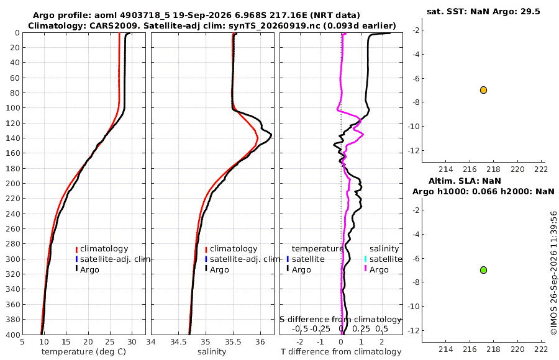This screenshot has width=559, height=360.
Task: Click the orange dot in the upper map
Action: tap(483, 90)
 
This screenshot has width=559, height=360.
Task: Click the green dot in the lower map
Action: tap(483, 270)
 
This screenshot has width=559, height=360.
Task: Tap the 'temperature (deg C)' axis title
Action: tap(84, 352)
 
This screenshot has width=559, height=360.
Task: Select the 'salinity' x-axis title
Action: tap(212, 352)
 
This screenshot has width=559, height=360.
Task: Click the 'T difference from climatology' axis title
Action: tap(341, 352)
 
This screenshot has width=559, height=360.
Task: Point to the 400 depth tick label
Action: tap(13, 335)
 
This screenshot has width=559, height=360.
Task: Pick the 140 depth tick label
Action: tap(13, 138)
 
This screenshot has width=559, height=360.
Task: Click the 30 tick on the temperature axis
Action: tap(132, 342)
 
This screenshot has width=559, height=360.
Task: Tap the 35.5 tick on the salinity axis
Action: tap(233, 342)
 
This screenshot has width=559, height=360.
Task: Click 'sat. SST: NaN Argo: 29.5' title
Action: tap(483, 11)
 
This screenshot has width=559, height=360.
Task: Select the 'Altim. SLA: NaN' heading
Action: tap(465, 181)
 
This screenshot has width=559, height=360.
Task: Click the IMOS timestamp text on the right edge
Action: tap(553, 273)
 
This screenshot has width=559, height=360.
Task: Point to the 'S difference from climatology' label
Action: tap(340, 320)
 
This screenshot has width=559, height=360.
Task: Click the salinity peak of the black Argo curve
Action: tap(271, 135)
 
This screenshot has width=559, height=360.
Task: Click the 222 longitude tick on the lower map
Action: tap(541, 349)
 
